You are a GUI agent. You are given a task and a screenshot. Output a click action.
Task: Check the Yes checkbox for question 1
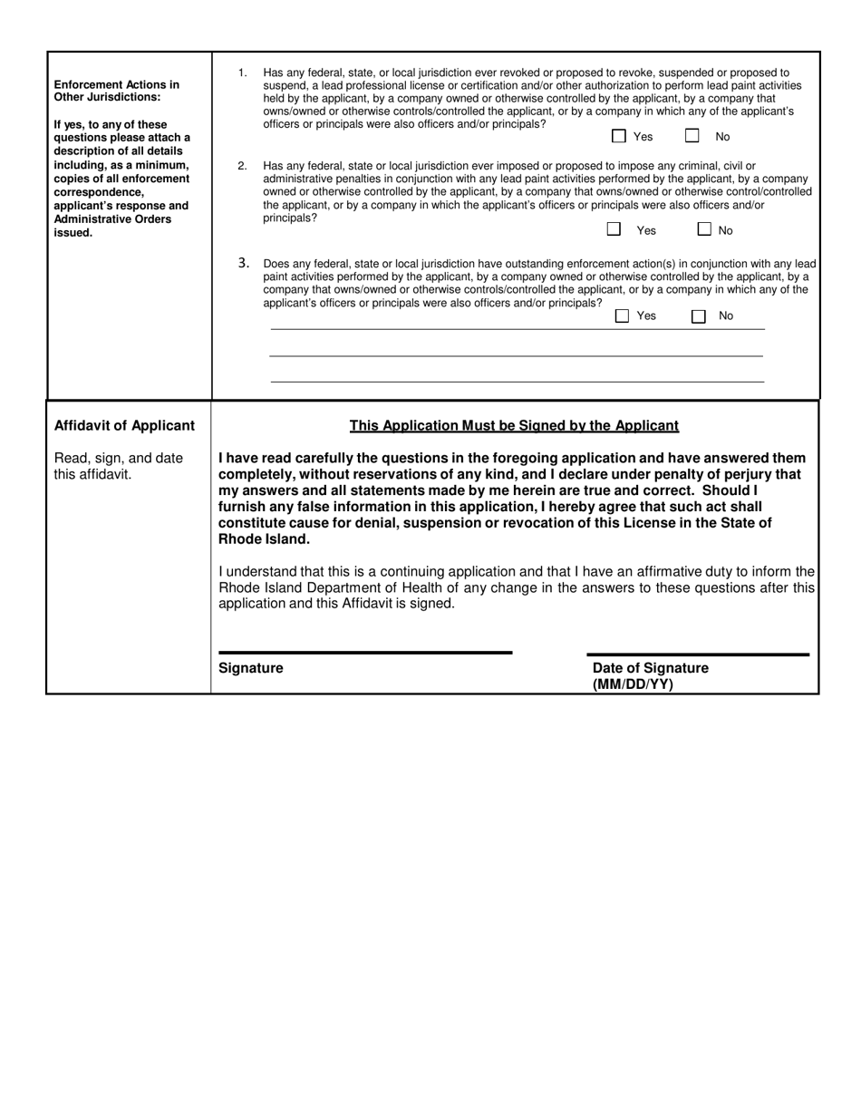click(619, 137)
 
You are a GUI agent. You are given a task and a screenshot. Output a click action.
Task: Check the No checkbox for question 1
click(692, 137)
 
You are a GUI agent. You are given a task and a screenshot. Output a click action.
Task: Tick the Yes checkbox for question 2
click(614, 229)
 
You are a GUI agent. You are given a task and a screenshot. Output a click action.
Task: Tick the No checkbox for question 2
click(704, 229)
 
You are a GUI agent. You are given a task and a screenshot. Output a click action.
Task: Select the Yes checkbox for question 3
click(622, 316)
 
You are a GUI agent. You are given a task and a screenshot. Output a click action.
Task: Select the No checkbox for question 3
click(698, 316)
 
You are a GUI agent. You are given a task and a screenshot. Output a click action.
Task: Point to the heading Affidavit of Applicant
click(124, 426)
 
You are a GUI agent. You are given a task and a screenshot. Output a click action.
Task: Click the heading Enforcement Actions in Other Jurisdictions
click(116, 91)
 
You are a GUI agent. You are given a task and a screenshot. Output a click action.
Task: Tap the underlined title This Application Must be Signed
click(514, 426)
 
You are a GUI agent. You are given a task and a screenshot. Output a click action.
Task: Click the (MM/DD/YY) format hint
click(633, 684)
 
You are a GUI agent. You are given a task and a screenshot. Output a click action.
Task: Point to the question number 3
click(244, 263)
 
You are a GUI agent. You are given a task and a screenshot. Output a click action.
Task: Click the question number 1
click(242, 73)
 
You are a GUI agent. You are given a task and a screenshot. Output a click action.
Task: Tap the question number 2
click(242, 166)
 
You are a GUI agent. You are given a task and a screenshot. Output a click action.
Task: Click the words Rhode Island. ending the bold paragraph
click(264, 539)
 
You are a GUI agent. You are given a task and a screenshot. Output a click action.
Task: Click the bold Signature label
click(251, 668)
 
